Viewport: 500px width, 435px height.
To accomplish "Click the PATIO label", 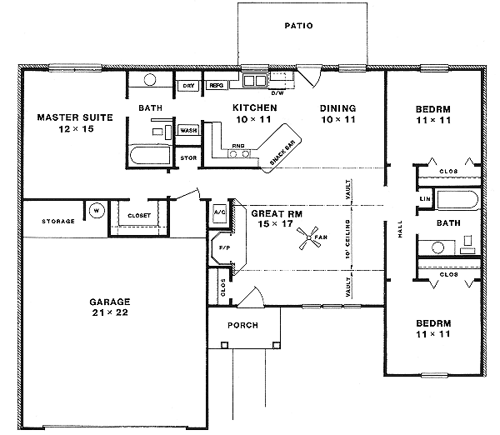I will pos(298,26).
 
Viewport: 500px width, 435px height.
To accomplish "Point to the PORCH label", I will pos(242,325).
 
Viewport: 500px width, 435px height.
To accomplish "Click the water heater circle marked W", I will pos(96,210).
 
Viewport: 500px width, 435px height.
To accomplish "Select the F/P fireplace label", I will pos(223,247).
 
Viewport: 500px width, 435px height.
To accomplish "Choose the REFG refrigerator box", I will pos(216,85).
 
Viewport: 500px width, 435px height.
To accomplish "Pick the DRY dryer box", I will pos(188,85).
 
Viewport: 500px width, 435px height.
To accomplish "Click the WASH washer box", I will pos(187,131).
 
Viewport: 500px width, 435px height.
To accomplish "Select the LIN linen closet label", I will pos(425,199).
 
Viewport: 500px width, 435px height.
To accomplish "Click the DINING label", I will pos(338,108).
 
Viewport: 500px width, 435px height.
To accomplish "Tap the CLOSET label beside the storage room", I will pos(139,215).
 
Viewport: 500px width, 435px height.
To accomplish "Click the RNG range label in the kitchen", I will pos(238,146).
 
